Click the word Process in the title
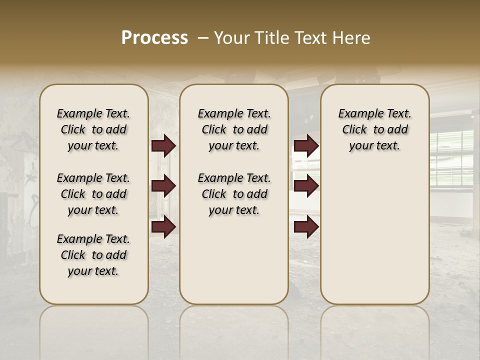click(154, 38)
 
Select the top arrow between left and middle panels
click(163, 146)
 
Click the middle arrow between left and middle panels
click(163, 186)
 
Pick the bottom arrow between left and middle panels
click(163, 227)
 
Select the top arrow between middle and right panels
click(306, 146)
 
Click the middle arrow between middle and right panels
click(306, 186)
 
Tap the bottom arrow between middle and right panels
click(306, 227)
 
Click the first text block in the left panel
click(93, 129)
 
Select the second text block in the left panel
click(93, 194)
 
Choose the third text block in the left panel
click(93, 255)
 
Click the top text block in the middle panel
click(234, 129)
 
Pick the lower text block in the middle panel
click(234, 194)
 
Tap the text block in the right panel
click(375, 129)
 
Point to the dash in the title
click(203, 38)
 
